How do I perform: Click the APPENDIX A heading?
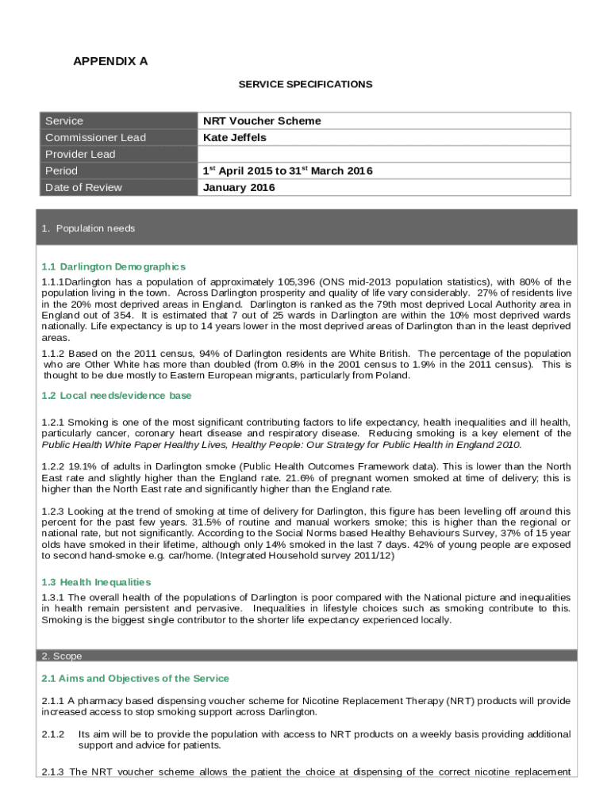coord(110,61)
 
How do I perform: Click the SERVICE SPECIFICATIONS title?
coord(305,84)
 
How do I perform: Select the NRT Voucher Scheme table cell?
coord(262,121)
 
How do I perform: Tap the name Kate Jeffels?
coord(235,138)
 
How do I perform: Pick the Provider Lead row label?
coord(80,155)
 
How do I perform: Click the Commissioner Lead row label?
coord(95,138)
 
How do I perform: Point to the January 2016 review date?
coord(239,188)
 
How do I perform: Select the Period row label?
coord(61,171)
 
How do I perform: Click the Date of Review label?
coord(83,188)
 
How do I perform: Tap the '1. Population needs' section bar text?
coord(88,228)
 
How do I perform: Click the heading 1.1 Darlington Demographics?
coord(113,266)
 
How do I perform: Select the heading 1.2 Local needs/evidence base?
coord(116,396)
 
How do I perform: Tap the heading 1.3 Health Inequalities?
coord(96,582)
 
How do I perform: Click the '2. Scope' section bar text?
coord(61,656)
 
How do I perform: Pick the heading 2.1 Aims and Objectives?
coord(135,679)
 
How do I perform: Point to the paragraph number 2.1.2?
coord(53,735)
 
